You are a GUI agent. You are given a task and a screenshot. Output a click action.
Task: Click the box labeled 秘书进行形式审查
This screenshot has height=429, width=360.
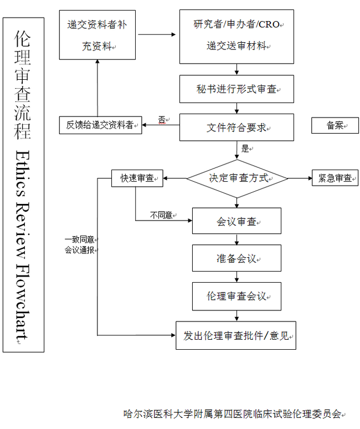click(x=236, y=89)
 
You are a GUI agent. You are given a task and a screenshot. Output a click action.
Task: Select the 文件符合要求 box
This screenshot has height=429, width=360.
click(x=236, y=127)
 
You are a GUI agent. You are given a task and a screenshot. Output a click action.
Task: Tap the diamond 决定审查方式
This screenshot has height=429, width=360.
click(x=237, y=178)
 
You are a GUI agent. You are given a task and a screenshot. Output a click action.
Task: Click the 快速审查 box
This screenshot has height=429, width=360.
click(x=137, y=178)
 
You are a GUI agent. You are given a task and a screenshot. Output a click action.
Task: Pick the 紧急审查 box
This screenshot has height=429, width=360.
click(x=335, y=178)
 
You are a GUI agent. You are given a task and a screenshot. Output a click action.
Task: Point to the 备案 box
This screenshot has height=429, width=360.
click(x=335, y=125)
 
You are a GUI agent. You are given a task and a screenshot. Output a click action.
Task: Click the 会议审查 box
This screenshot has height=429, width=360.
click(x=236, y=221)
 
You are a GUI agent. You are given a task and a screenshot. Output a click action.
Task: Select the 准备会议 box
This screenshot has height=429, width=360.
click(x=236, y=258)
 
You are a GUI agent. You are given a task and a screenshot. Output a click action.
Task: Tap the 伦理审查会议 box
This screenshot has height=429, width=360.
click(x=236, y=297)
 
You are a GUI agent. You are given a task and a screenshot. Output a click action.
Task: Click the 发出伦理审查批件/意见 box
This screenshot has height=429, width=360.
click(x=235, y=335)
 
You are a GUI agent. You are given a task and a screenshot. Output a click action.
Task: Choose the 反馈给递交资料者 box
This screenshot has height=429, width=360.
click(x=101, y=125)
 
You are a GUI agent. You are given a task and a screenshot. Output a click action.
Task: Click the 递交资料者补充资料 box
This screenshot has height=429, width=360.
click(x=97, y=35)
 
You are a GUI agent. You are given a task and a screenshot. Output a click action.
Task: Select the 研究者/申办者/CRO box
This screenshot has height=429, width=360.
click(x=236, y=37)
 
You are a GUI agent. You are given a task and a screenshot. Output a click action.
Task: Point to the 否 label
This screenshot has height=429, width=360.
click(x=162, y=120)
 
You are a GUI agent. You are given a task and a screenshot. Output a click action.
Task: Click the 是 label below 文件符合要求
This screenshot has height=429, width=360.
click(x=245, y=149)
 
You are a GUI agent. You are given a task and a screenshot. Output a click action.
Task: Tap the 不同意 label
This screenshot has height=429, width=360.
click(x=161, y=215)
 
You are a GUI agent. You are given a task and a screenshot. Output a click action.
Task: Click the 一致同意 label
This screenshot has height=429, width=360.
click(x=79, y=239)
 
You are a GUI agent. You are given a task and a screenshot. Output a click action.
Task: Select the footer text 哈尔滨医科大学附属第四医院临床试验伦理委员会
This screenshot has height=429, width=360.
click(x=233, y=413)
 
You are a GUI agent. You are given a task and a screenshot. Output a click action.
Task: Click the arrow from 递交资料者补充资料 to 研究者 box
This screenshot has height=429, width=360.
click(x=157, y=34)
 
